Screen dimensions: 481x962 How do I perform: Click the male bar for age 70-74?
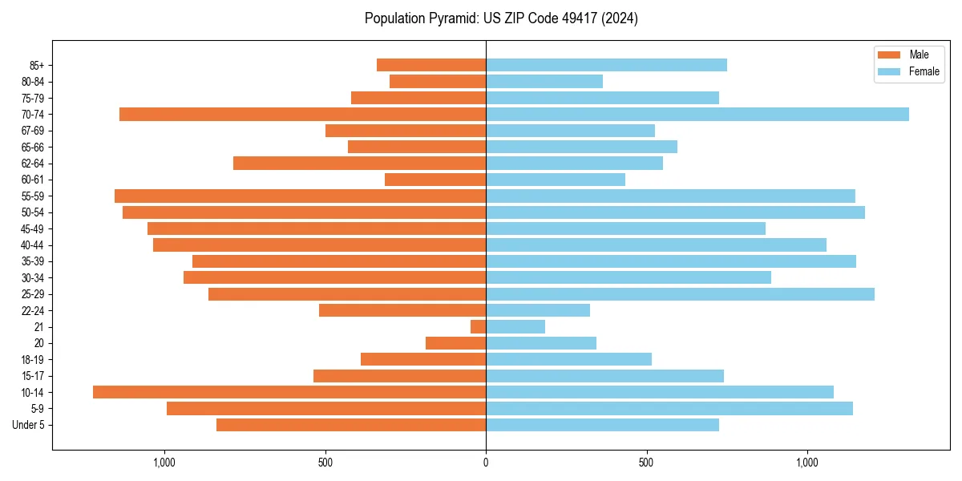coord(302,115)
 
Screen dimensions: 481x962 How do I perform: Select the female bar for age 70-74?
coord(697,115)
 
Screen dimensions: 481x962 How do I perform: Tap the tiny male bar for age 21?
coord(478,327)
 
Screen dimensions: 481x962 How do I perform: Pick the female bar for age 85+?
coord(606,65)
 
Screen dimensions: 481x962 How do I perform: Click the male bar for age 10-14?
coord(289,392)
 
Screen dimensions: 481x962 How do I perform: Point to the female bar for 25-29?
coord(680,294)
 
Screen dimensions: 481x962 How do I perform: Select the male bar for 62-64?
coord(359,164)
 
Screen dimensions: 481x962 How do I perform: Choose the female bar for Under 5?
coord(602,425)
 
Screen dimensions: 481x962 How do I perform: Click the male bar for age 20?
coord(455,343)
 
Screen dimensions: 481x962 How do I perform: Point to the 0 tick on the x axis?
coord(486,463)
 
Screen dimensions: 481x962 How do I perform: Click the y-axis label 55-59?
coord(33,196)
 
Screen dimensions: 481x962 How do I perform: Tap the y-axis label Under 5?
coord(29,425)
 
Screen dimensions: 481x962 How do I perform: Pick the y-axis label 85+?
coord(37,65)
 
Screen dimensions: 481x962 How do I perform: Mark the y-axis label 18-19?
coord(33,360)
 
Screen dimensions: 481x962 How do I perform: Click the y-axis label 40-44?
coord(33,245)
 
